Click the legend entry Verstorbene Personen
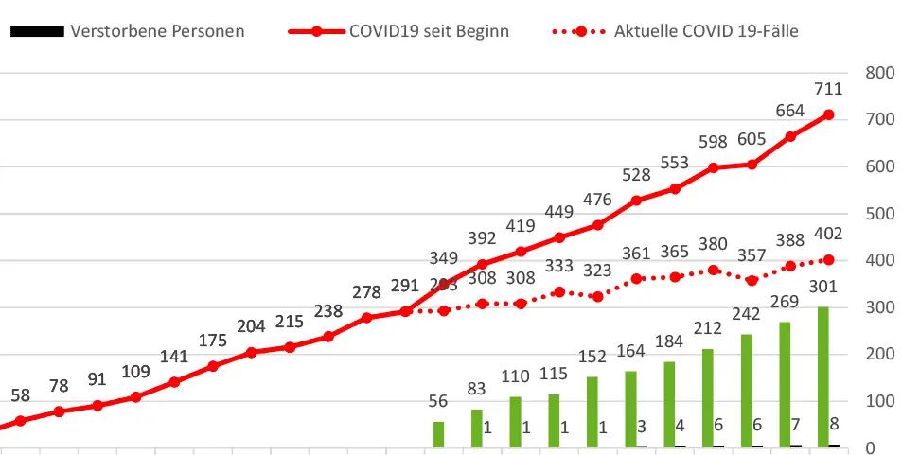tap(157, 31)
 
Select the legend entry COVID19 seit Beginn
tap(429, 31)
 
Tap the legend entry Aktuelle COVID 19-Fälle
tap(706, 31)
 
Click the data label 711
tap(828, 90)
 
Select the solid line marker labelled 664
tap(790, 136)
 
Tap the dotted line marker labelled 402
tap(828, 259)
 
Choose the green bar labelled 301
tap(823, 376)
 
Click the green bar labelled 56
tap(438, 434)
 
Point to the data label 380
tap(713, 245)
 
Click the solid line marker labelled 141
tap(174, 382)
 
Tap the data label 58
tap(20, 394)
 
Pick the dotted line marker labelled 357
tap(752, 280)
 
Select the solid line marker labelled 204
tap(251, 352)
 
